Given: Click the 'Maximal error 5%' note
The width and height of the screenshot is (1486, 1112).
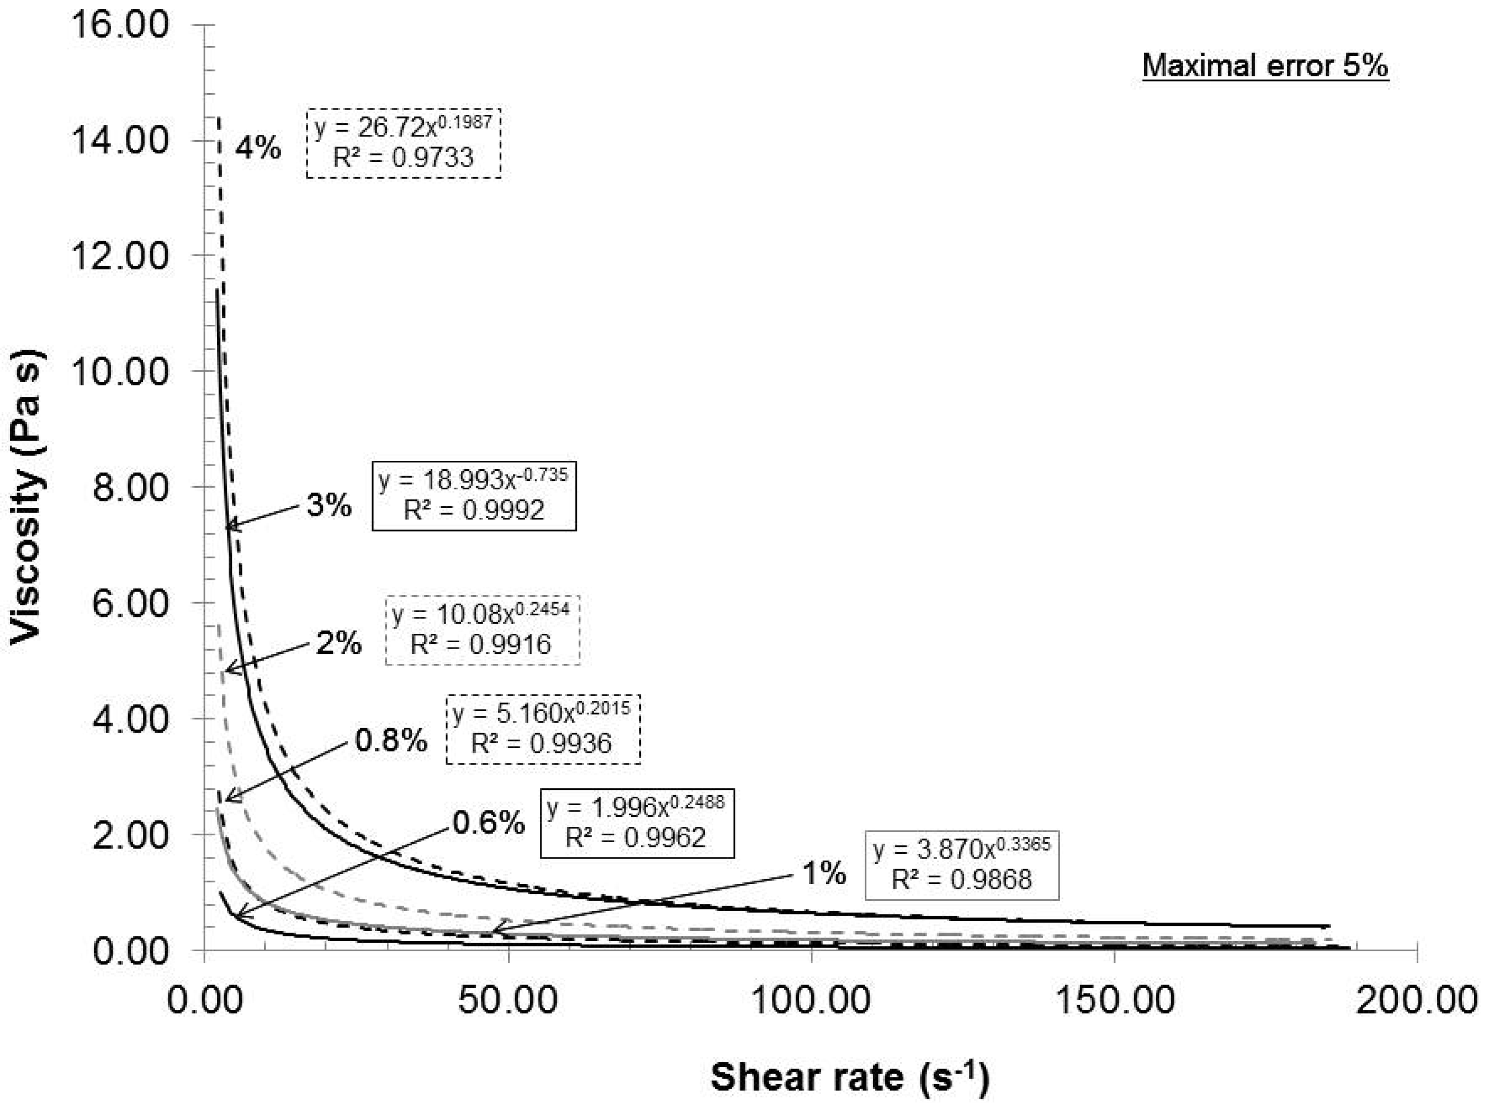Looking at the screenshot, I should click(x=1265, y=66).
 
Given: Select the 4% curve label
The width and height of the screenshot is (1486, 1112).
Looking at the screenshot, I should click(x=258, y=148).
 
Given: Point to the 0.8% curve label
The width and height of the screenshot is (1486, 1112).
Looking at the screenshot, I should click(x=391, y=740).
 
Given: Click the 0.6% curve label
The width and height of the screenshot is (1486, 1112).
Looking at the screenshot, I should click(x=488, y=823).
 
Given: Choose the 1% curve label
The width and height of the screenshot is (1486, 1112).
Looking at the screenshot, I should click(x=823, y=873).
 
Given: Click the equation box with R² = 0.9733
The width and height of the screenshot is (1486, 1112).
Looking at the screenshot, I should click(x=404, y=142).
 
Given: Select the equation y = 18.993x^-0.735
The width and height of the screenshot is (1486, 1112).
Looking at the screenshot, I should click(x=474, y=479).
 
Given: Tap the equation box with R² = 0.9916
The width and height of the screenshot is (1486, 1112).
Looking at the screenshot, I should click(x=482, y=630).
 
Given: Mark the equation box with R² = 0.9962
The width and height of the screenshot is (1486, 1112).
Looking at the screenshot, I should click(x=636, y=823).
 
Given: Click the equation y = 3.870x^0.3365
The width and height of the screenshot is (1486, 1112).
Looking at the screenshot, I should click(x=962, y=850).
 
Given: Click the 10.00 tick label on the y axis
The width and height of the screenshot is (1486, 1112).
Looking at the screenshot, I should click(x=120, y=371).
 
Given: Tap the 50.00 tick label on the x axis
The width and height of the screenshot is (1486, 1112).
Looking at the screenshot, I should click(x=508, y=1000).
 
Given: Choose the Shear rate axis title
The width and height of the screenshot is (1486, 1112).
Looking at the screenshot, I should click(x=849, y=1077).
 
